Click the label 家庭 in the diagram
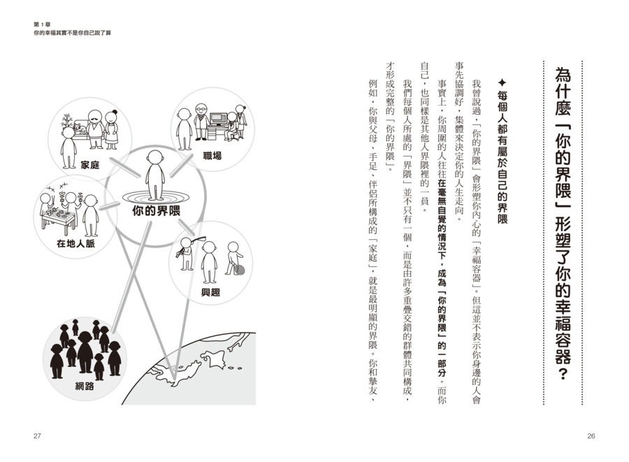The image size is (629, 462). [x=90, y=165]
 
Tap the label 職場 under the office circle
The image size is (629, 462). [x=212, y=156]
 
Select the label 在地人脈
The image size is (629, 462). [x=75, y=243]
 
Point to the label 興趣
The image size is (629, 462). [x=210, y=292]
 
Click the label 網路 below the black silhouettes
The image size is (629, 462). [x=85, y=386]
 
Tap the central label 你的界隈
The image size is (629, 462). [x=157, y=211]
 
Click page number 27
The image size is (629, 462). [x=37, y=436]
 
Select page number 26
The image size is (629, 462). [x=591, y=436]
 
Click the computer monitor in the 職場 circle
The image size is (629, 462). [x=219, y=118]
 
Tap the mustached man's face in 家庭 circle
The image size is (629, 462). [x=94, y=117]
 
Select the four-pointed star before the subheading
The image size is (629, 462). [x=502, y=83]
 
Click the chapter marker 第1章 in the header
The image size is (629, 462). [x=42, y=25]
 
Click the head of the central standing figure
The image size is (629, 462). [x=155, y=157]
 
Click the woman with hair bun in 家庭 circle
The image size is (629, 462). [x=112, y=129]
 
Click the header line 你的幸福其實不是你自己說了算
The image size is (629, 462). [x=72, y=34]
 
